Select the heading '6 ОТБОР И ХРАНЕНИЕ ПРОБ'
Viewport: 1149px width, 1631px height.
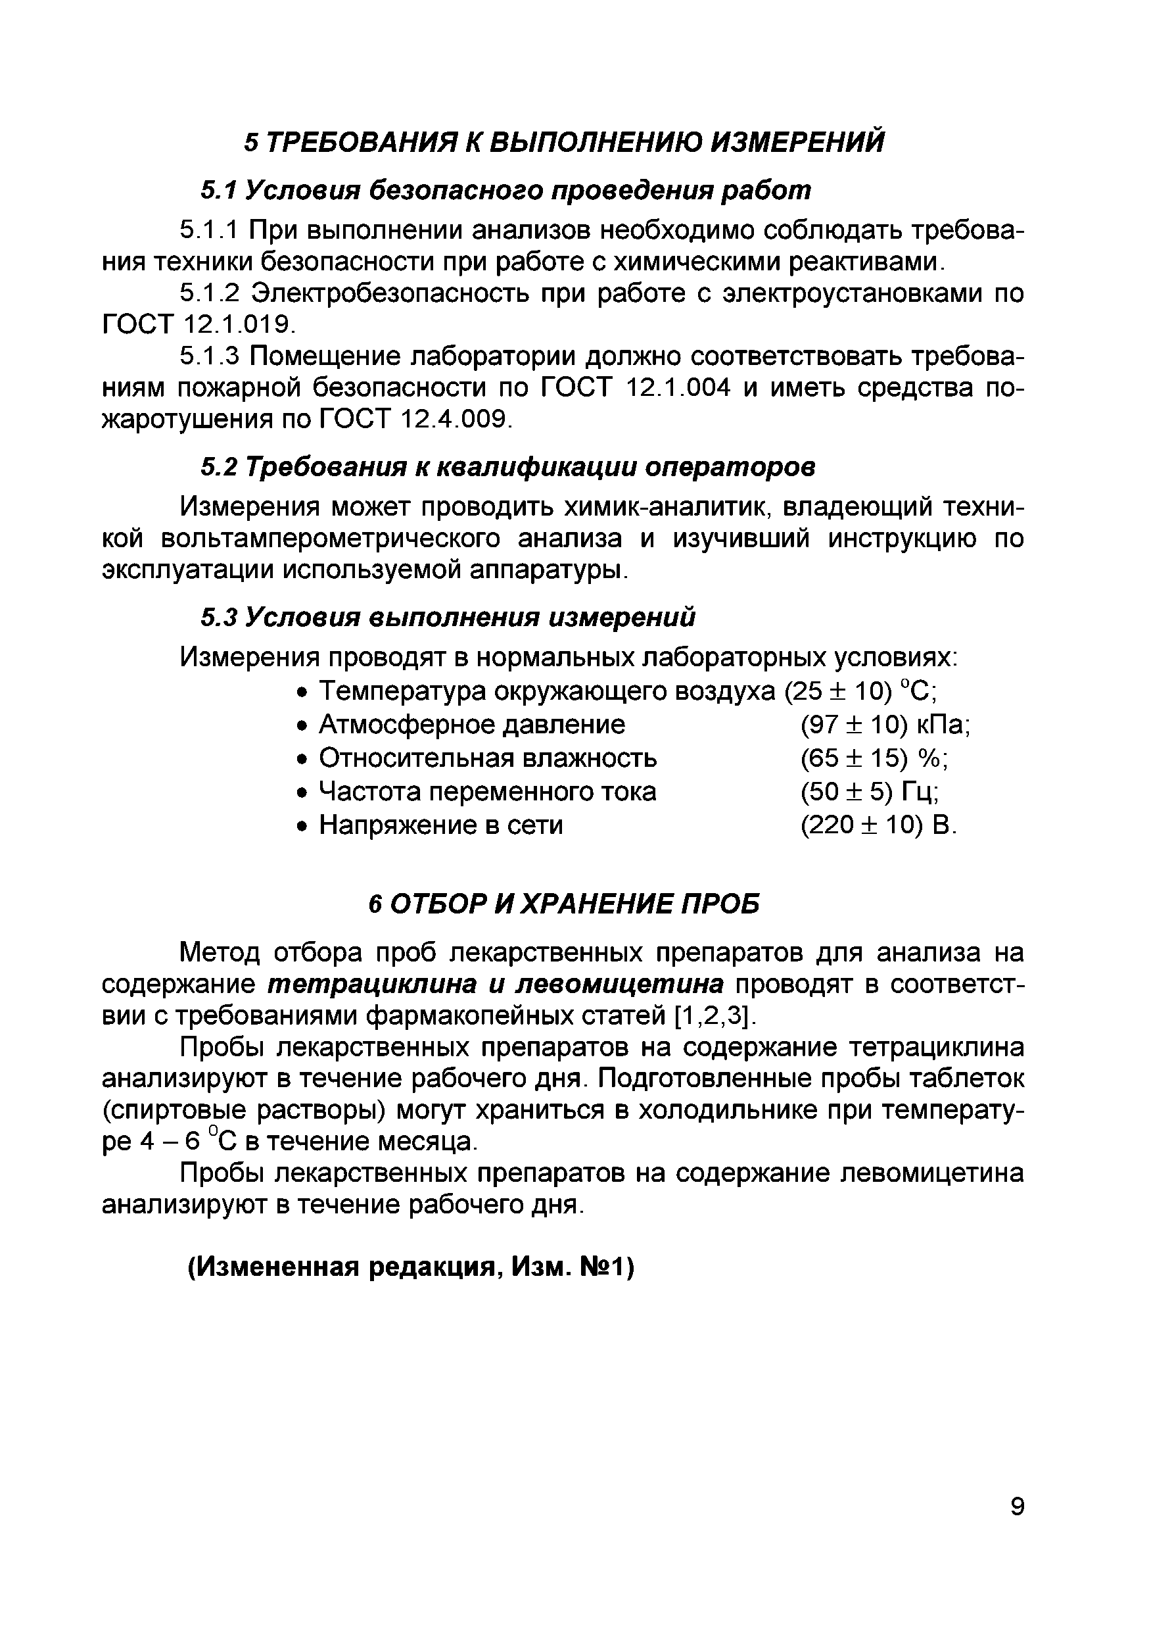click(x=564, y=904)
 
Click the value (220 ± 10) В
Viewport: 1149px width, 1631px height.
click(x=878, y=825)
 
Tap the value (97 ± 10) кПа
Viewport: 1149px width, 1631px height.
click(x=885, y=725)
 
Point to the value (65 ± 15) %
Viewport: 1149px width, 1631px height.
click(x=874, y=759)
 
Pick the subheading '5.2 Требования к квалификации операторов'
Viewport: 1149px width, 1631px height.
click(x=507, y=467)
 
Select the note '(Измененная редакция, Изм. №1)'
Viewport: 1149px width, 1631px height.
click(x=410, y=1267)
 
